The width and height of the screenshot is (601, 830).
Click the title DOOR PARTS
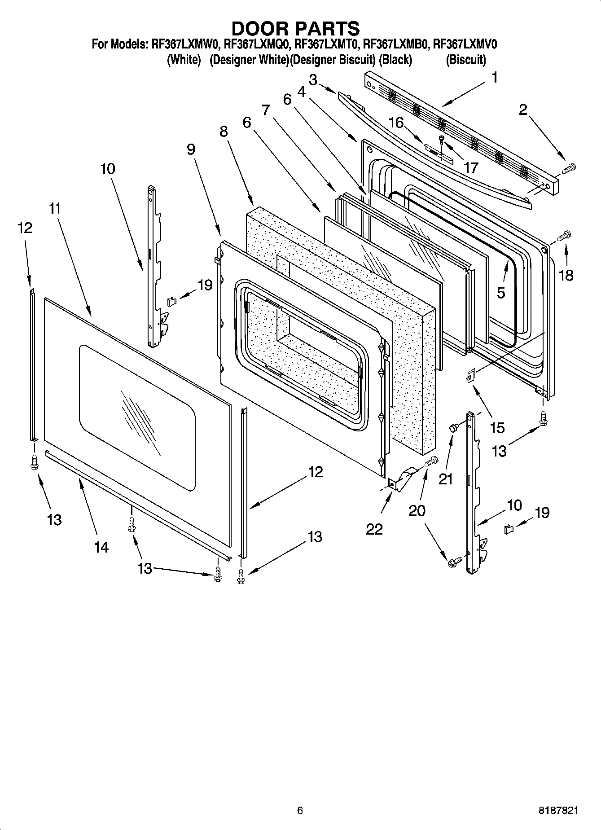[295, 28]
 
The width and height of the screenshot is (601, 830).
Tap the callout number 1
[494, 78]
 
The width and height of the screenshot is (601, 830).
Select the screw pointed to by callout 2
[568, 169]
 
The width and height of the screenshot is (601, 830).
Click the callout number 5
[501, 293]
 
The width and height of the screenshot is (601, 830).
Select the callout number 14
[101, 547]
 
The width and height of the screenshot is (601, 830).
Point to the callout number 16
[396, 122]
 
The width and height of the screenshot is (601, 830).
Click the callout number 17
[471, 168]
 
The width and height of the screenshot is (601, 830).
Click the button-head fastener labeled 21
[453, 427]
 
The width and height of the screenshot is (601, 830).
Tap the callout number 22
[374, 529]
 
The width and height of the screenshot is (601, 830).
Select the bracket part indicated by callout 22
[403, 478]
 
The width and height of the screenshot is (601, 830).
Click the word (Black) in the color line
[395, 60]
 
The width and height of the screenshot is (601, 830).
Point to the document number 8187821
[558, 810]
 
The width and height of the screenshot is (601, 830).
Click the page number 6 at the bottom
[300, 810]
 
